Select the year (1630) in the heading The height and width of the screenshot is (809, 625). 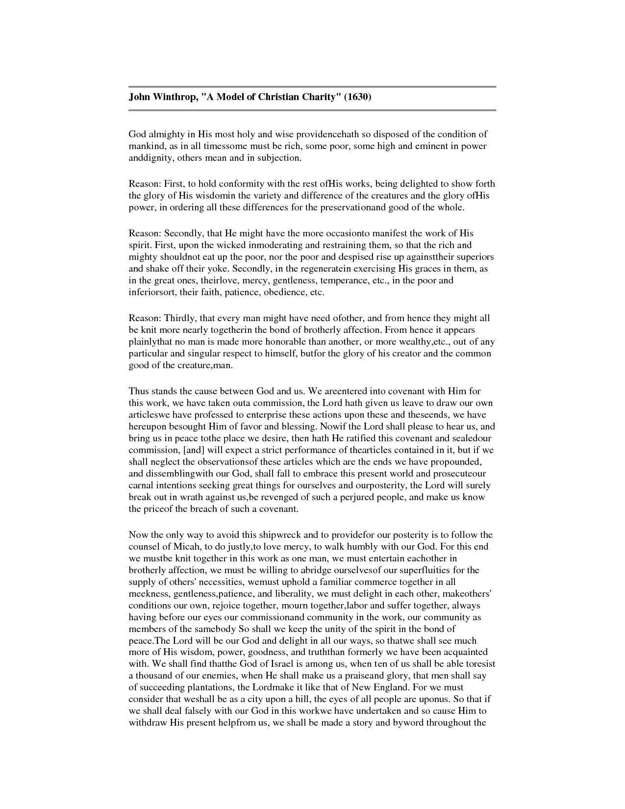click(357, 97)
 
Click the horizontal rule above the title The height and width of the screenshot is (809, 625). click(312, 87)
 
